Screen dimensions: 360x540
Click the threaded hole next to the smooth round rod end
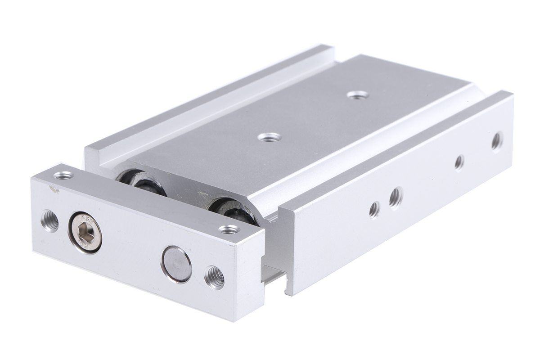point(214,277)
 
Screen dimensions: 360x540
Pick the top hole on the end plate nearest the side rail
point(229,230)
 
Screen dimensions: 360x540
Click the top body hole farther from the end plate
point(358,95)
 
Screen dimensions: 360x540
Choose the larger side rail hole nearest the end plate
point(396,197)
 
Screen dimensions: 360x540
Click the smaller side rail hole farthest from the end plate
point(459,162)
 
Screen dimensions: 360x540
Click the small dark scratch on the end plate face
point(55,189)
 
